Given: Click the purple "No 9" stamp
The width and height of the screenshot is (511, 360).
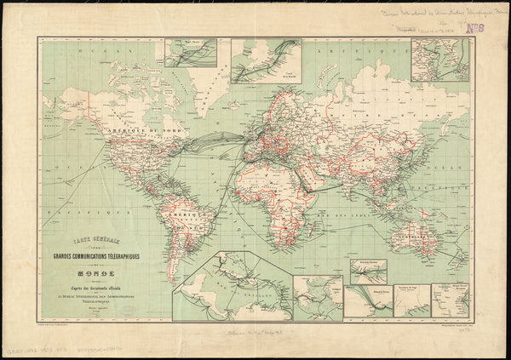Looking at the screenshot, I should click(475, 26).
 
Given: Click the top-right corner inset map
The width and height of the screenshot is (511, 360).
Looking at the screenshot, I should click(439, 59).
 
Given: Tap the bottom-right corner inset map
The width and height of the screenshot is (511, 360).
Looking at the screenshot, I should click(451, 300).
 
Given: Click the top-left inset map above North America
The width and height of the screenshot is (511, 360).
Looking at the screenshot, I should click(190, 53).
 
